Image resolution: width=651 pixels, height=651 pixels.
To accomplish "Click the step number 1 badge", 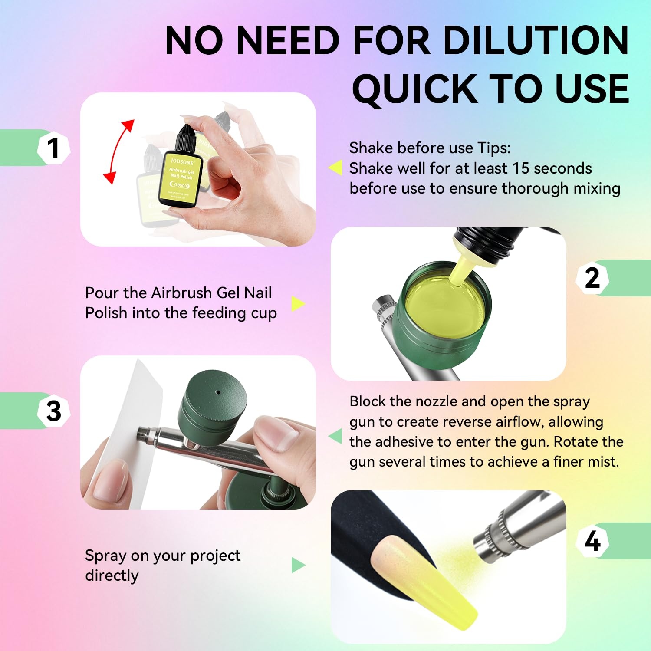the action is coord(53,148).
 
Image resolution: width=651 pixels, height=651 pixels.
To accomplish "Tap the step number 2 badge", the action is coord(592,278).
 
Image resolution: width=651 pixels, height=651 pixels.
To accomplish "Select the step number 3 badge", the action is coord(53,411).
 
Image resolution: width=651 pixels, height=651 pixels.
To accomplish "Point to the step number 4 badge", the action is coord(592,541).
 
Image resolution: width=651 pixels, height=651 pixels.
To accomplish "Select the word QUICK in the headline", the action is coord(415,89).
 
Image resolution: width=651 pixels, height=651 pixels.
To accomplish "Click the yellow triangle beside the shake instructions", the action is coord(335,168).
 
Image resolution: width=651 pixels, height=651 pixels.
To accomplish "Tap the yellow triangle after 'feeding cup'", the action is coord(298,304).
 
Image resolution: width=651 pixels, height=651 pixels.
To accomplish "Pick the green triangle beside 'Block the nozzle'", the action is coord(335,436).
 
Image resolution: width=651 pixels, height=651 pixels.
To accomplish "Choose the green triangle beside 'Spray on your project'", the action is coord(298,565).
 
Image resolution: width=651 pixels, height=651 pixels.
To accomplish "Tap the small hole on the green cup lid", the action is coord(218,392).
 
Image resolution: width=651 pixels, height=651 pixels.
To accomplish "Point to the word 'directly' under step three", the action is coord(112,576).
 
